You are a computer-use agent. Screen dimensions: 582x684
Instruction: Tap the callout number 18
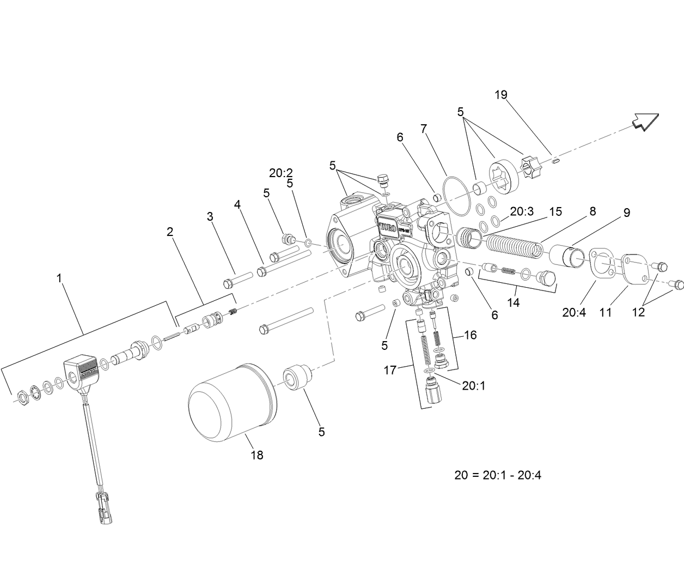pyautogui.click(x=256, y=455)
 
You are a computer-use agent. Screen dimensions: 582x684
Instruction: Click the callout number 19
pyautogui.click(x=501, y=95)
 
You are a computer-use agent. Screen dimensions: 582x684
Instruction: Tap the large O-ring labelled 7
pyautogui.click(x=456, y=194)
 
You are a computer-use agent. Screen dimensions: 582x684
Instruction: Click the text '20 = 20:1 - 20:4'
pyautogui.click(x=498, y=475)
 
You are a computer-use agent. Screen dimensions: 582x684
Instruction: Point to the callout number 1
pyautogui.click(x=59, y=278)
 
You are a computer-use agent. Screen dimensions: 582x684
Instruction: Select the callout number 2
pyautogui.click(x=170, y=232)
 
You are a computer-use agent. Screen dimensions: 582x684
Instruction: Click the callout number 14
pyautogui.click(x=514, y=302)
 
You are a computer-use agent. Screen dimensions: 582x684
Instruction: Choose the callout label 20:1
pyautogui.click(x=473, y=385)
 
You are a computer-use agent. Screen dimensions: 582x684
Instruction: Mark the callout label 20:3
pyautogui.click(x=522, y=211)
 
